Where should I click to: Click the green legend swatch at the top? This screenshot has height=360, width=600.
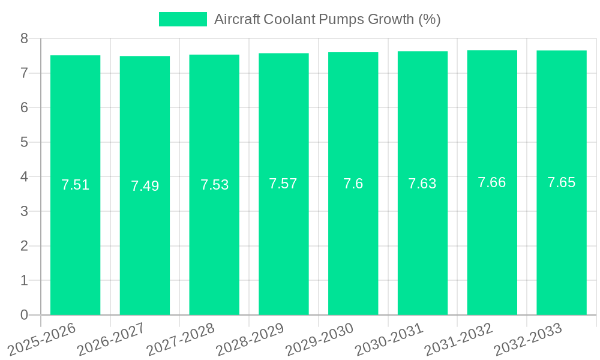click(x=182, y=19)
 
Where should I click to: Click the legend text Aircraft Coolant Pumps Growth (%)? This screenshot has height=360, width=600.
click(x=327, y=19)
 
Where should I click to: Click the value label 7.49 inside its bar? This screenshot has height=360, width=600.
click(x=145, y=186)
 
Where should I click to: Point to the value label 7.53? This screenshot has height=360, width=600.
click(x=214, y=185)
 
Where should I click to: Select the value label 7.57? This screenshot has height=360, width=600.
click(x=283, y=184)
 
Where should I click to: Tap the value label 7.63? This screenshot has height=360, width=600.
click(x=422, y=184)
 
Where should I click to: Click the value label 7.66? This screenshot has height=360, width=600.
click(x=491, y=182)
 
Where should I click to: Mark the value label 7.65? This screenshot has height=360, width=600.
click(x=561, y=182)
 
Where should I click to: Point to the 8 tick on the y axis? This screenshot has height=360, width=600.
click(x=24, y=39)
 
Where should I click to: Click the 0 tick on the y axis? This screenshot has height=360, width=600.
click(x=24, y=315)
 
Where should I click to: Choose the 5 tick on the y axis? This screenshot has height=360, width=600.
click(x=24, y=142)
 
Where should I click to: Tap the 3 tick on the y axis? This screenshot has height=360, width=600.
click(x=24, y=211)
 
